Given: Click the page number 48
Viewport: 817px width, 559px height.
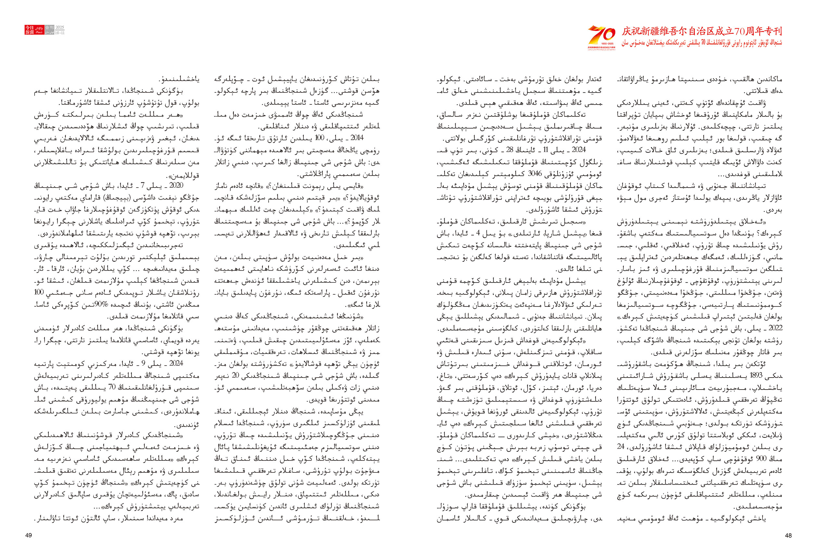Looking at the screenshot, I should point(788,535).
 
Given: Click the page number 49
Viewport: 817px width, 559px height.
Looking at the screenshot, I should point(29,535).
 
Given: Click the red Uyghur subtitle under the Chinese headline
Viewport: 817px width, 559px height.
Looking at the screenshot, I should point(702,43).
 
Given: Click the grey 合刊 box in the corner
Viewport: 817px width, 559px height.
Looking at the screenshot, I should point(49,27).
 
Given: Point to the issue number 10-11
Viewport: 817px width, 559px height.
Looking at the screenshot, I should point(60,33).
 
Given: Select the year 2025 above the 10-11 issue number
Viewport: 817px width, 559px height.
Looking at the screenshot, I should point(60,27).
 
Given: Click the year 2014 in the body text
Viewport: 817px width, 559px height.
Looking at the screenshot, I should point(357,138).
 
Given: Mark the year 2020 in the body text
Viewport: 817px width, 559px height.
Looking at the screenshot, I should point(176,185).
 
